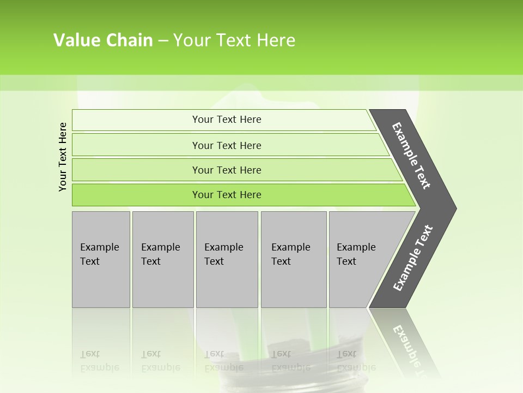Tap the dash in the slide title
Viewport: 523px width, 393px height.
(x=163, y=41)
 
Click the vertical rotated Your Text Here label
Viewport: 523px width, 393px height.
(x=63, y=157)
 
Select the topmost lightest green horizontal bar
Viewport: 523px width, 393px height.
(x=226, y=120)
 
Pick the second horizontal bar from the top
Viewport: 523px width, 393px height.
(x=226, y=145)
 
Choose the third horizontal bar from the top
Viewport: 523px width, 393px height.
(x=226, y=170)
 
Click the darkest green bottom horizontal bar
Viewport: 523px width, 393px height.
(x=226, y=195)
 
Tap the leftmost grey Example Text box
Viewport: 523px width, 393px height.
(x=101, y=259)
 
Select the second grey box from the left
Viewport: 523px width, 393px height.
(x=162, y=259)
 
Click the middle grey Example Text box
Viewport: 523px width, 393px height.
(x=227, y=259)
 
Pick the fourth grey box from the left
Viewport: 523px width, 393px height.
(x=293, y=259)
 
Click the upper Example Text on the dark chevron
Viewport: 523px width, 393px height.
(x=411, y=156)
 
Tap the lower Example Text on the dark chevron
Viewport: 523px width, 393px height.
(x=412, y=258)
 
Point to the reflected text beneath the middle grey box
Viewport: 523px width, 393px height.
(x=223, y=361)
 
